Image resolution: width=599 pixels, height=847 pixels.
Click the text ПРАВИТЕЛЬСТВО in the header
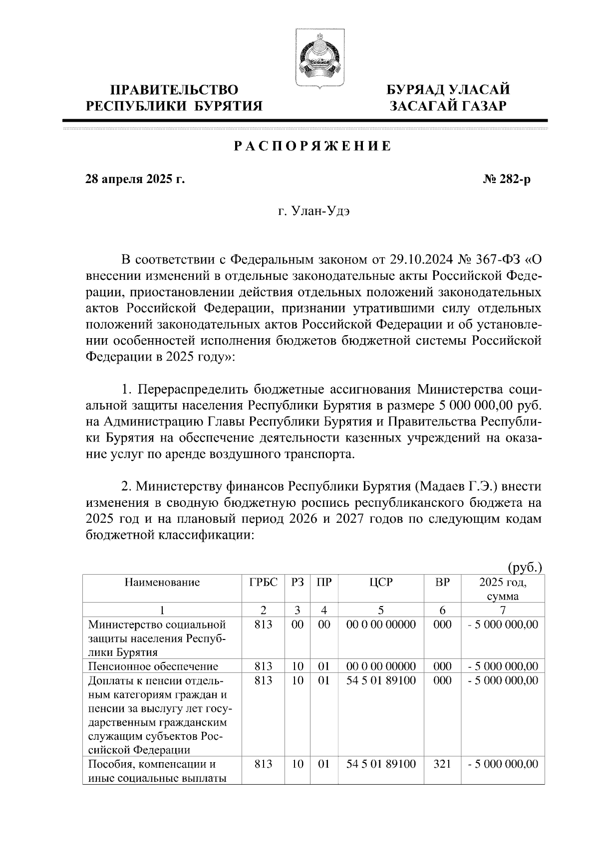pos(174,90)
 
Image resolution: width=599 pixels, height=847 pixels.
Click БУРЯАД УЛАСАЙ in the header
pos(448,90)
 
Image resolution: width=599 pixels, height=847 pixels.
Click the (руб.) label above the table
pos(525,568)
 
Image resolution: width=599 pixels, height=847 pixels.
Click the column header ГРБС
pos(263,582)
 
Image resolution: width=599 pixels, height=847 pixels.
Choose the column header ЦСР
pos(381,582)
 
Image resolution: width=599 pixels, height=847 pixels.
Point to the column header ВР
pos(442,582)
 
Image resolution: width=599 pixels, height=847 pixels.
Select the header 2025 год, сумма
pos(502,589)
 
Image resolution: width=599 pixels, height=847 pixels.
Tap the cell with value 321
pos(442,764)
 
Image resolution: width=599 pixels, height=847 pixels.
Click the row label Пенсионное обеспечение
pos(153,666)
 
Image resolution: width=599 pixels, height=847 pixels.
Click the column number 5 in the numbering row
pos(381,610)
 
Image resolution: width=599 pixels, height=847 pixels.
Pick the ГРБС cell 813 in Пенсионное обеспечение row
pos(263,666)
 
